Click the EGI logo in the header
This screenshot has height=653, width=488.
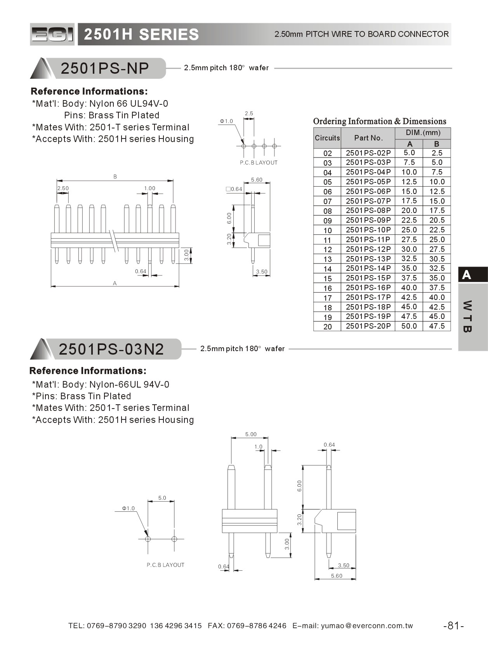click(52, 35)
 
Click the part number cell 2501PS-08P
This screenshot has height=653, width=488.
click(368, 211)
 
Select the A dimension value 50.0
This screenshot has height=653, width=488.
click(409, 326)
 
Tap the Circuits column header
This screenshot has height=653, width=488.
click(327, 138)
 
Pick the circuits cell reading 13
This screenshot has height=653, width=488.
click(327, 259)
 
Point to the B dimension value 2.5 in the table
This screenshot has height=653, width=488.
click(437, 153)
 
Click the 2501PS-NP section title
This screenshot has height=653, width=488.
click(105, 68)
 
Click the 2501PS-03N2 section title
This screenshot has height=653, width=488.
click(111, 349)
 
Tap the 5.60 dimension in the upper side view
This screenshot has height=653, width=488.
click(257, 180)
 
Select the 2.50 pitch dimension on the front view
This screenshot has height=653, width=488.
click(63, 188)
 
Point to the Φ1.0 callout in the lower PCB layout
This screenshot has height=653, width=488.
click(128, 508)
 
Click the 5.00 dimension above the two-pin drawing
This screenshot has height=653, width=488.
click(251, 434)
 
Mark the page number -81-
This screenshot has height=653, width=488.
click(453, 625)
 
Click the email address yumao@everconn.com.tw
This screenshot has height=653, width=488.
click(367, 625)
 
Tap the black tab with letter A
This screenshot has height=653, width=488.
click(472, 275)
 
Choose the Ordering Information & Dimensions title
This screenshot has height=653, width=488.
click(379, 121)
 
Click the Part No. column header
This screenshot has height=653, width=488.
click(368, 138)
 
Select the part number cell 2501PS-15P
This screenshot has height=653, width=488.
click(368, 278)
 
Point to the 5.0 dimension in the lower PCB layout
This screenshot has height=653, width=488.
click(162, 498)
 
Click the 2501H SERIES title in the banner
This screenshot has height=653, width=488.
click(141, 35)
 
